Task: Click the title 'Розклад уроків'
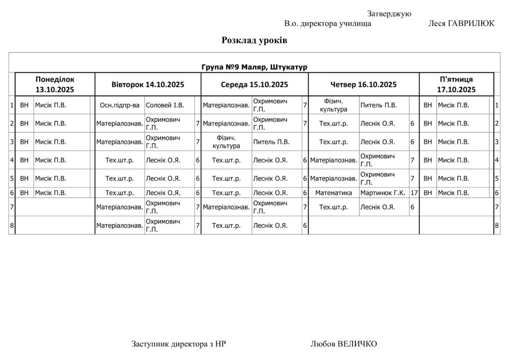(254, 41)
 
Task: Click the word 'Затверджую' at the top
(389, 14)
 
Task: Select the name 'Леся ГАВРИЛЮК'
(461, 24)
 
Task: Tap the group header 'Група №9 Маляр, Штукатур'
(254, 67)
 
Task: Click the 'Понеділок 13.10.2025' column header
(55, 85)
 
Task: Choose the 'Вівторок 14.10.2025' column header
(148, 85)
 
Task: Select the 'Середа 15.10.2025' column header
(254, 85)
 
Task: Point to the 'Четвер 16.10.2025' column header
(363, 85)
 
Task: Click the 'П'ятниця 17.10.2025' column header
(456, 85)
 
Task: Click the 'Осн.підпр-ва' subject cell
(119, 105)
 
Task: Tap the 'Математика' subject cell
(334, 192)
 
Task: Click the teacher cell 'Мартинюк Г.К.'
(382, 192)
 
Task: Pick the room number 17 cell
(414, 192)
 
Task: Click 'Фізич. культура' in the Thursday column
(334, 105)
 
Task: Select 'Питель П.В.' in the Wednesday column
(271, 142)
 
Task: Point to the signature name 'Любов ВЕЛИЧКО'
(343, 344)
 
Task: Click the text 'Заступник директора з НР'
(179, 344)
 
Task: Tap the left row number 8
(12, 226)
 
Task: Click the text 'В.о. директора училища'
(328, 24)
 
